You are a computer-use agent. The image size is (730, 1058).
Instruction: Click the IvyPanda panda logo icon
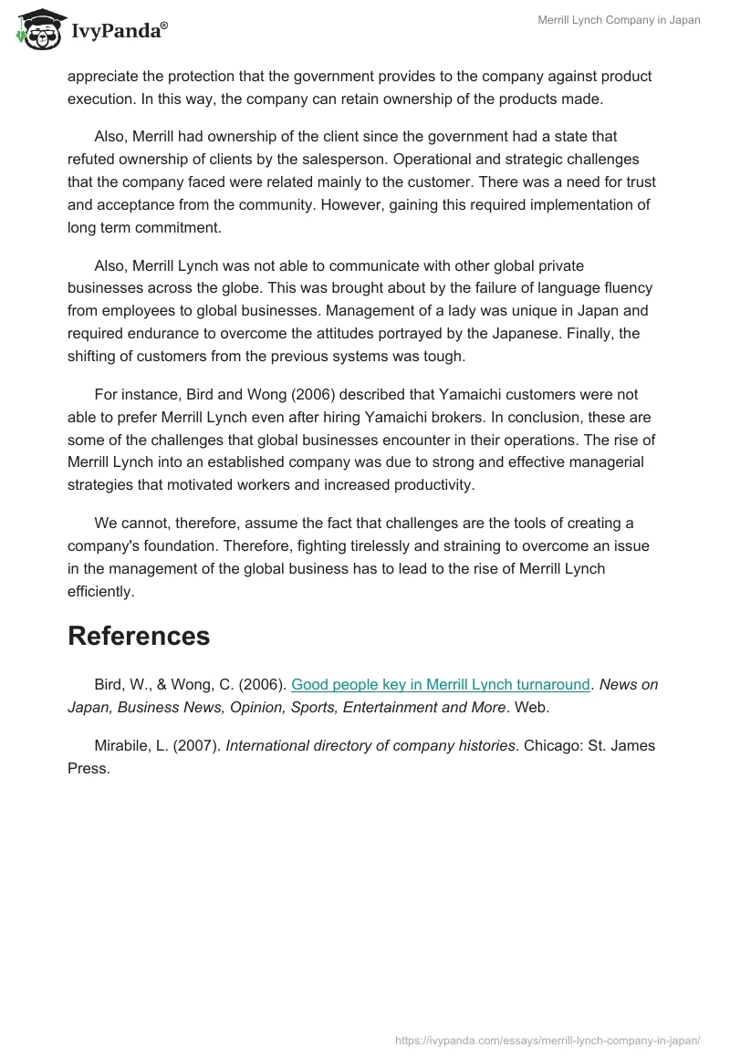pos(37,29)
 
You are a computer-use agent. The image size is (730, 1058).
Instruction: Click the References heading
pos(139,636)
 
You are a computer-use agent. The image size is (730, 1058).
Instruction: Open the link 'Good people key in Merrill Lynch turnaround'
pos(441,685)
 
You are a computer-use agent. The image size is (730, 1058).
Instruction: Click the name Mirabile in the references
pos(122,746)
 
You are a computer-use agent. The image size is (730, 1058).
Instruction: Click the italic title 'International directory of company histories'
pos(370,746)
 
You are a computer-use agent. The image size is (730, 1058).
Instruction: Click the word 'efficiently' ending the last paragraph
pos(99,592)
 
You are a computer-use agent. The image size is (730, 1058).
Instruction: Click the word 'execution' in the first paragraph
pos(99,99)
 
